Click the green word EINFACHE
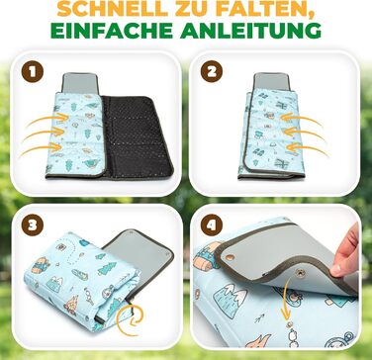pyautogui.click(x=112, y=31)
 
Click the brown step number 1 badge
pyautogui.click(x=33, y=73)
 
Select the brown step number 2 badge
pyautogui.click(x=212, y=71)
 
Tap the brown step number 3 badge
pyautogui.click(x=33, y=225)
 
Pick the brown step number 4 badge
pyautogui.click(x=212, y=225)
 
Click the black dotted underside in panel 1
pyautogui.click(x=137, y=135)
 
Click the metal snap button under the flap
pyautogui.click(x=300, y=273)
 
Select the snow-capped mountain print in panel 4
pyautogui.click(x=230, y=299)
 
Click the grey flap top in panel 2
pyautogui.click(x=271, y=81)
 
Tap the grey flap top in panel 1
pyautogui.click(x=80, y=82)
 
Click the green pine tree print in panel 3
pyautogui.click(x=108, y=269)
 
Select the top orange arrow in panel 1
pyautogui.click(x=47, y=120)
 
